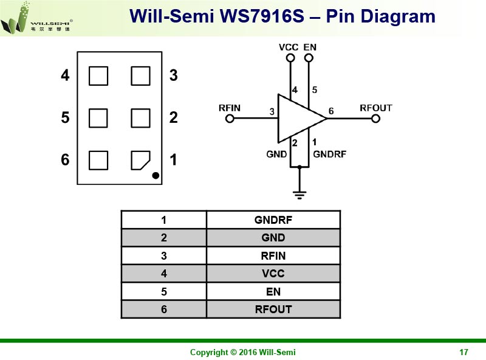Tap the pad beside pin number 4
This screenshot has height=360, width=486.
(98, 76)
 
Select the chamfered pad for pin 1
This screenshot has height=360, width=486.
(140, 160)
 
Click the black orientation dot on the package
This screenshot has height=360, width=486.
(156, 176)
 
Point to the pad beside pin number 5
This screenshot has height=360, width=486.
(98, 117)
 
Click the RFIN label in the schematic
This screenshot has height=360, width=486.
(230, 108)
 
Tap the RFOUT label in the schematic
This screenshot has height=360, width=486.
(376, 108)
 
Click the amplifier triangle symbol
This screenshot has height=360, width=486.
(299, 119)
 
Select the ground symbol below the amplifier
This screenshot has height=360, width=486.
(299, 194)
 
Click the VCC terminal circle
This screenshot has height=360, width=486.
(290, 58)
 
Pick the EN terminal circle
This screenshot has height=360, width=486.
(309, 58)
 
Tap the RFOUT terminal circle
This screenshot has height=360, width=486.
(375, 119)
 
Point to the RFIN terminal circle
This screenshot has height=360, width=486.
(229, 119)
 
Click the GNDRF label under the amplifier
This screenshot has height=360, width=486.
(329, 154)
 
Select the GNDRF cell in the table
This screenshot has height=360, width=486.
(273, 220)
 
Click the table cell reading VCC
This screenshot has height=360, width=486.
(273, 274)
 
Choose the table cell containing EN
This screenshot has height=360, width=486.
(273, 291)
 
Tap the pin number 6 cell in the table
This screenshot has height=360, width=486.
(164, 309)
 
